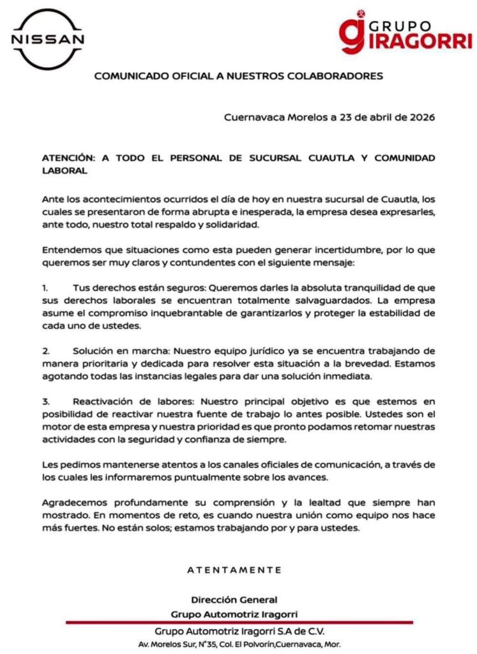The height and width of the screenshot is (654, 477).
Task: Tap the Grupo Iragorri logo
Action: click(x=406, y=33)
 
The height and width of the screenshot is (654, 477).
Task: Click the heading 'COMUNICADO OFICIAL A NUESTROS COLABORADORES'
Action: click(x=238, y=76)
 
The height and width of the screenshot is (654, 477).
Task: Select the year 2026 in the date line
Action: click(x=422, y=118)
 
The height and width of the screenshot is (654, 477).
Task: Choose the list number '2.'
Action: click(x=46, y=351)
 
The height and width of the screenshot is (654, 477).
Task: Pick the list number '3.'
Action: click(x=46, y=402)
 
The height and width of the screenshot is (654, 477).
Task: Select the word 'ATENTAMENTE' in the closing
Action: click(x=234, y=569)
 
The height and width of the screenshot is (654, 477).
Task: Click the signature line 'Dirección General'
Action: click(x=234, y=600)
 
